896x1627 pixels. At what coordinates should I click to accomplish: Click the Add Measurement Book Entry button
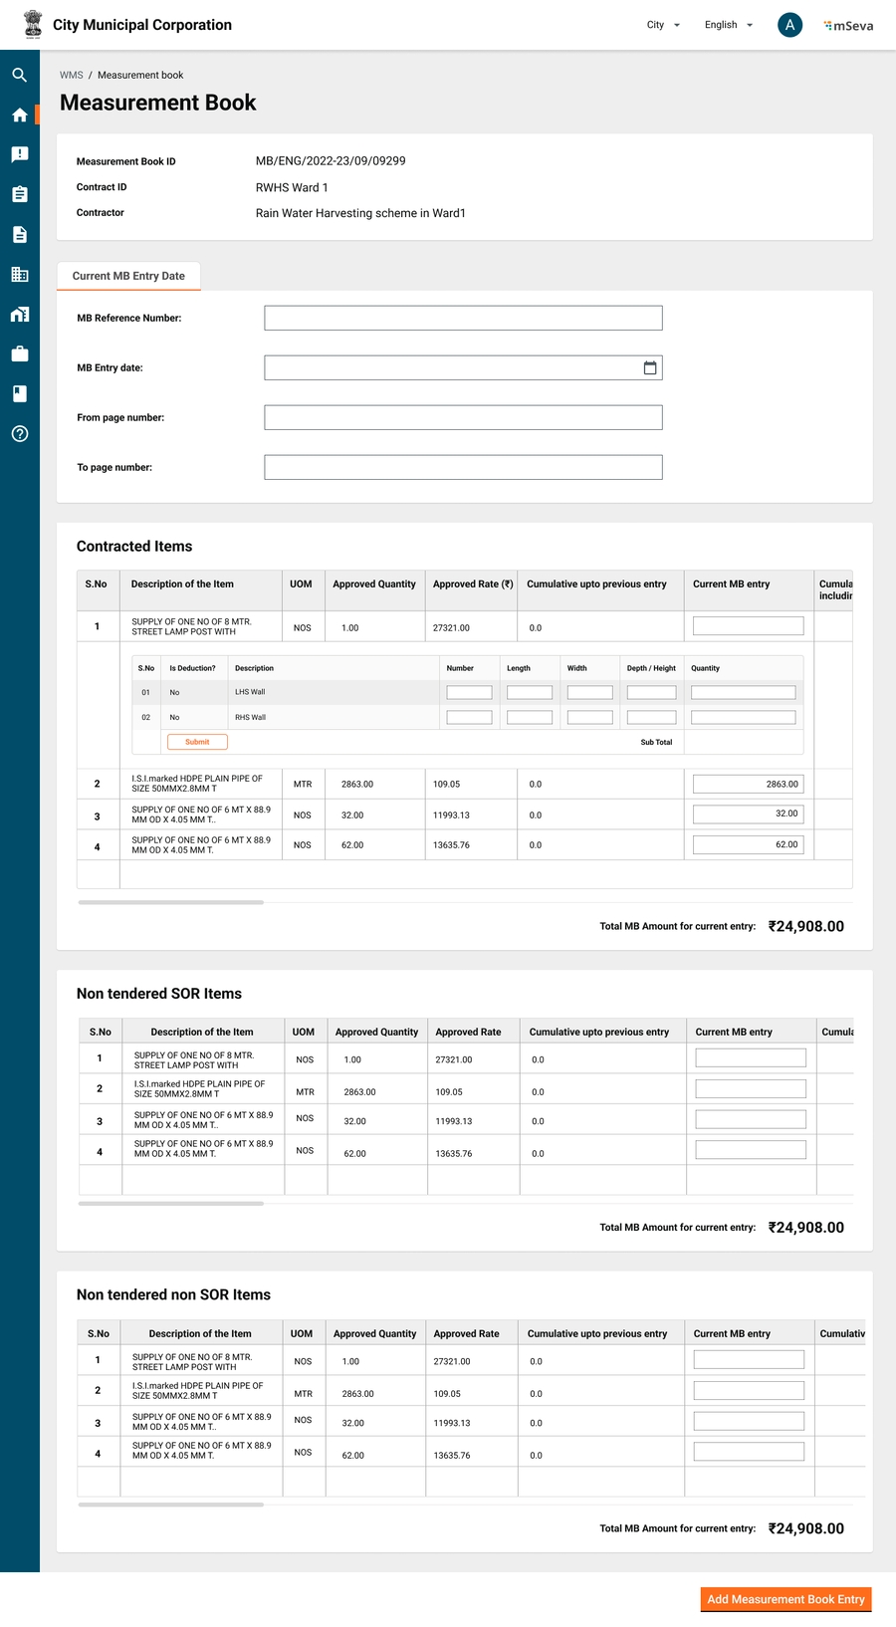[x=785, y=1599]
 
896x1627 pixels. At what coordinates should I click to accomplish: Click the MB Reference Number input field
[x=463, y=318]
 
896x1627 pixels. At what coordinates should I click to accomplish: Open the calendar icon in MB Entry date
[x=650, y=367]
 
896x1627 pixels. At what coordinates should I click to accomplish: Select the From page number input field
[x=463, y=417]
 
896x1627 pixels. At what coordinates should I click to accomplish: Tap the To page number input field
[x=463, y=467]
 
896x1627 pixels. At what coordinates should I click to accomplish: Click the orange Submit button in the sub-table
[x=197, y=742]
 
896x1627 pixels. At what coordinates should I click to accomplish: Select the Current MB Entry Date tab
[x=128, y=276]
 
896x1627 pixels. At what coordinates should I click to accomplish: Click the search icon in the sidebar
[x=20, y=75]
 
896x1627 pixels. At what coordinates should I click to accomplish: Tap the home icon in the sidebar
[x=20, y=115]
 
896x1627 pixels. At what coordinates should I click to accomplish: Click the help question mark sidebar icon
[x=20, y=434]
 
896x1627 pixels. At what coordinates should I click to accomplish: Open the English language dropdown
[x=728, y=25]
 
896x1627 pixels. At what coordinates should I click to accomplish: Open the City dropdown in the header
[x=663, y=25]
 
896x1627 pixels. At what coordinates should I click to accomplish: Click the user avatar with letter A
[x=789, y=25]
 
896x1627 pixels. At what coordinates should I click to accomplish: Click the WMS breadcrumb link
[x=72, y=75]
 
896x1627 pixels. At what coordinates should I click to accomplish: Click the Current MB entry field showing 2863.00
[x=748, y=784]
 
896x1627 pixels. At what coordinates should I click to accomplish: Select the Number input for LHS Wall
[x=469, y=692]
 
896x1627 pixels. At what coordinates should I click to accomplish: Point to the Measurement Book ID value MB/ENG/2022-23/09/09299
[x=331, y=160]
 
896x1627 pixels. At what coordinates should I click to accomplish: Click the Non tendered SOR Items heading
[x=159, y=994]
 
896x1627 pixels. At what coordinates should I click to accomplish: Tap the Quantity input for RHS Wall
[x=743, y=717]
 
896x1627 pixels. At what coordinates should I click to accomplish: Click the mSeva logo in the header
[x=848, y=26]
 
